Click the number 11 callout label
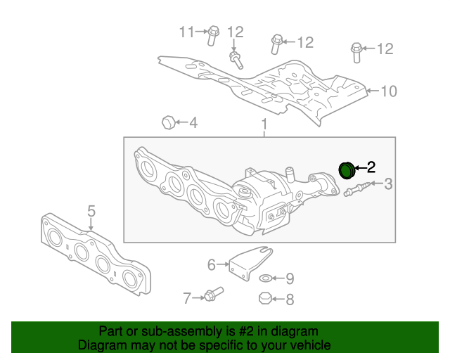pyautogui.click(x=186, y=32)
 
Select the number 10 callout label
pyautogui.click(x=389, y=91)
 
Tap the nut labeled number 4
pyautogui.click(x=168, y=122)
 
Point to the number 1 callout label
pyautogui.click(x=264, y=126)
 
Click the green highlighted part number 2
pyautogui.click(x=347, y=170)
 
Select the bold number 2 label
pyautogui.click(x=371, y=167)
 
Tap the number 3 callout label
pyautogui.click(x=388, y=184)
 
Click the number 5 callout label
pyautogui.click(x=91, y=210)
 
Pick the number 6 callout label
pyautogui.click(x=211, y=264)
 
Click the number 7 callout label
pyautogui.click(x=187, y=298)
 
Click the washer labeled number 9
pyautogui.click(x=266, y=278)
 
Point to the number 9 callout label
pyautogui.click(x=290, y=278)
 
